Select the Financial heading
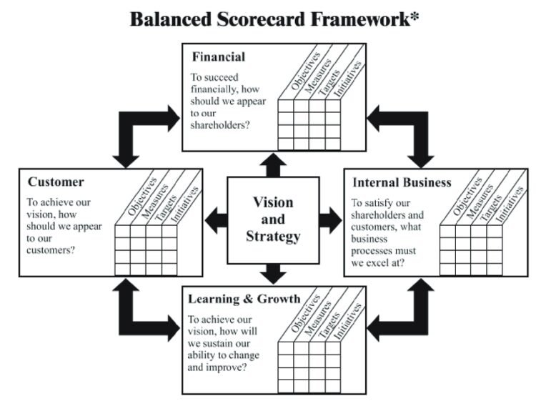coord(217,56)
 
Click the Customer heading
coord(56,182)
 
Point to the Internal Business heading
coord(402,182)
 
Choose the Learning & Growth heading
coord(244,298)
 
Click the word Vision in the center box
coord(272,202)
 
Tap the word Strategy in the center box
coord(272,237)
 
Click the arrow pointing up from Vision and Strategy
coord(272,164)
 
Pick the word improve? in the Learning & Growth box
coord(227,369)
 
